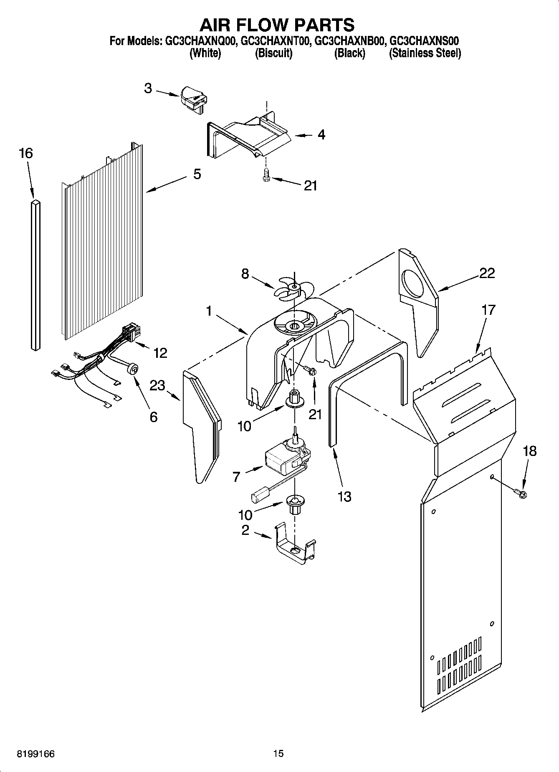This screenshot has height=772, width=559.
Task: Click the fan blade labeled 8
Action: coord(293,289)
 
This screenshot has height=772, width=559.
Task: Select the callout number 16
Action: coord(25,153)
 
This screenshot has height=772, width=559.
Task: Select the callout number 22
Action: coord(487,273)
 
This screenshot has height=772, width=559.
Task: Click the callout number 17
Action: coord(488,310)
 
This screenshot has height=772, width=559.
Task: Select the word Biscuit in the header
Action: coord(273,53)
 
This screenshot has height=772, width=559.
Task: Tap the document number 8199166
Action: coord(35,754)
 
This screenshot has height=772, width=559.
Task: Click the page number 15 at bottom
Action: coord(278,754)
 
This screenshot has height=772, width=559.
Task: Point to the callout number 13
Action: coord(345,496)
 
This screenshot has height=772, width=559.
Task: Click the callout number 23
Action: coord(157,385)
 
